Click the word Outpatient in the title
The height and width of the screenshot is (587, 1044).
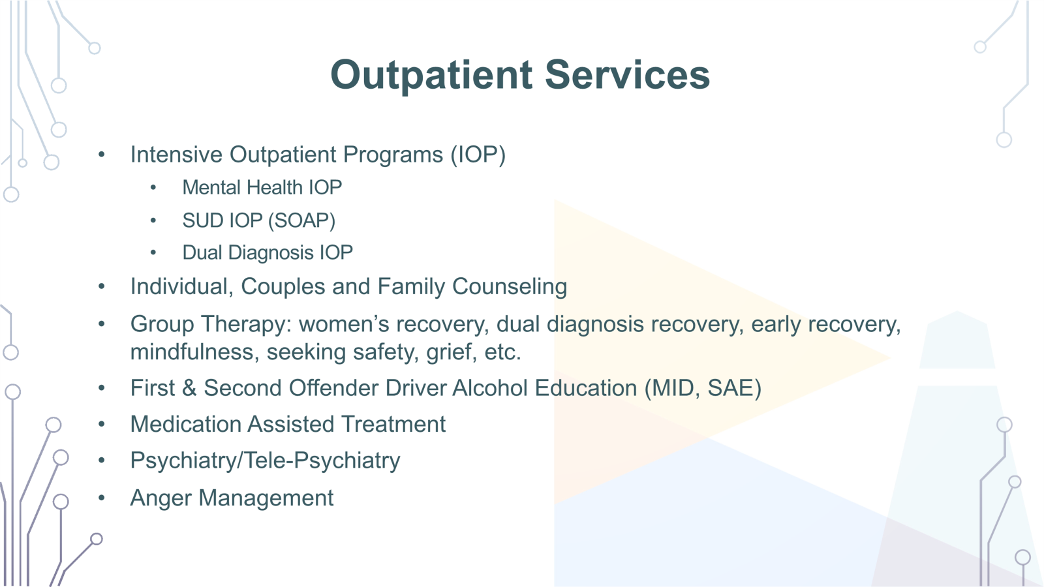[431, 75]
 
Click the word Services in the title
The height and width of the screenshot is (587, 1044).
[627, 75]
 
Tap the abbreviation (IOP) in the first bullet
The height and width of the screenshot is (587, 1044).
[478, 155]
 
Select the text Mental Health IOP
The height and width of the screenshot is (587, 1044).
[262, 188]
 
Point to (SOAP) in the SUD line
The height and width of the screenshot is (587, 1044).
[301, 220]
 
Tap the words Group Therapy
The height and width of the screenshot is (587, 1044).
[208, 324]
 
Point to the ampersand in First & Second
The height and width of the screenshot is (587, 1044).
[189, 388]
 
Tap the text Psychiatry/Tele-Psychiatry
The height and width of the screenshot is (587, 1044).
[265, 461]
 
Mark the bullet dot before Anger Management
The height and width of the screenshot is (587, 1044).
[102, 498]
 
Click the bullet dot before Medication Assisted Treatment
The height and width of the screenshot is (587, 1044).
[102, 425]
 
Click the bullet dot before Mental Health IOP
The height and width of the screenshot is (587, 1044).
[153, 188]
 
